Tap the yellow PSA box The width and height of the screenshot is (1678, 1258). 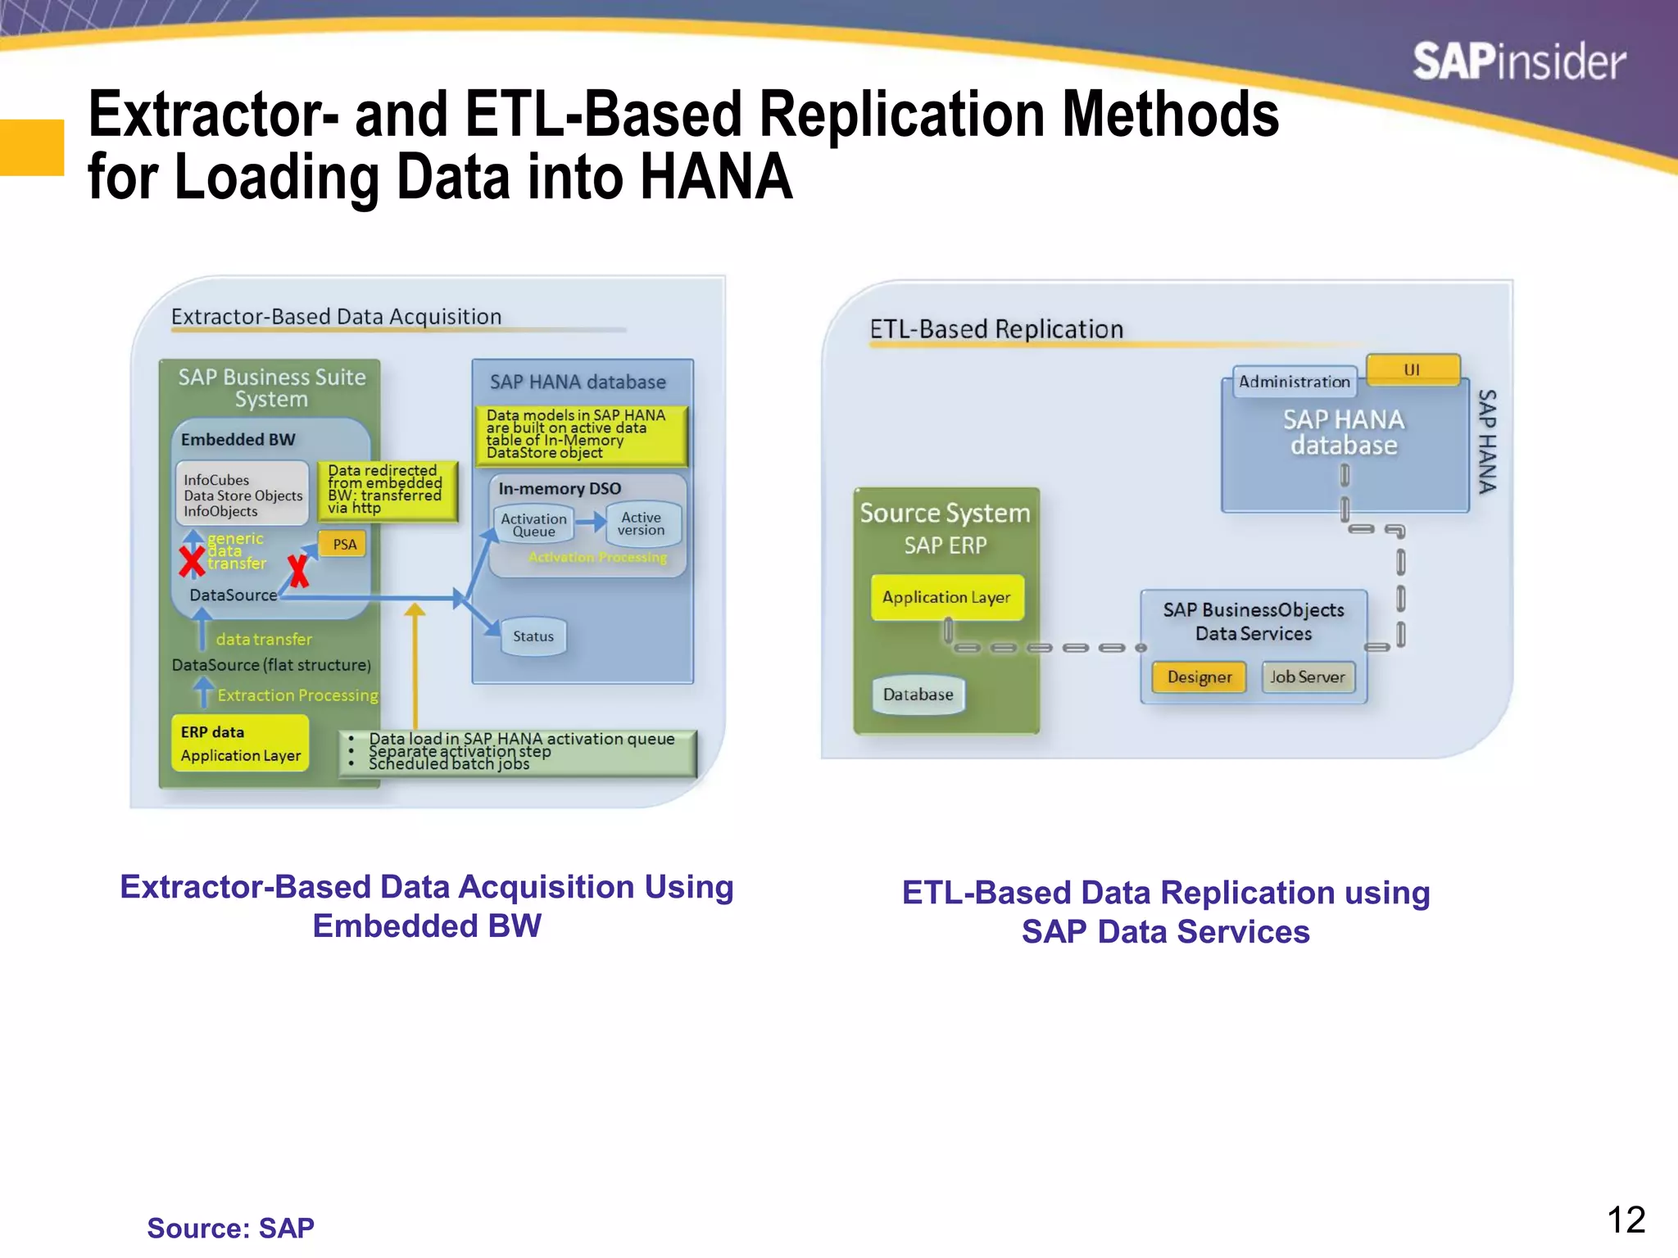coord(344,545)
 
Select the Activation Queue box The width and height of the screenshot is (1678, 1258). coord(533,525)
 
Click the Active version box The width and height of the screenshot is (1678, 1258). coord(641,524)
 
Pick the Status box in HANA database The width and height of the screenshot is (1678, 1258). coord(533,636)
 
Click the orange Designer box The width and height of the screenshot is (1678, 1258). coord(1199,677)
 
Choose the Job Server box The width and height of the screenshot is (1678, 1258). coord(1308,677)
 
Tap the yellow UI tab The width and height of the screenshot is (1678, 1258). coord(1412,370)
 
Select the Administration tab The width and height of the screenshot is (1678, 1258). coord(1294,382)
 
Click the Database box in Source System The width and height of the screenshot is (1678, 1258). coord(918,695)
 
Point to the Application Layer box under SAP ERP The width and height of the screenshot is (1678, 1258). coord(946,598)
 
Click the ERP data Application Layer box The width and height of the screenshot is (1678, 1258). coord(240,744)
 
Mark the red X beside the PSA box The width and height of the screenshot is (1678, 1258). coord(298,571)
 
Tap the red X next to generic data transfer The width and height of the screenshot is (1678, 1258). coord(192,562)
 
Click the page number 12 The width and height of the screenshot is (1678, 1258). coord(1626,1220)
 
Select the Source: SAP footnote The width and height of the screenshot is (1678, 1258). coord(230,1229)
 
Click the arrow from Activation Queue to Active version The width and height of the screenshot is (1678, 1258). coord(590,522)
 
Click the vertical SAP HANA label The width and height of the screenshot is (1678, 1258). coord(1486,441)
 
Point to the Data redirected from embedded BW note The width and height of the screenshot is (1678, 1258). coord(385,490)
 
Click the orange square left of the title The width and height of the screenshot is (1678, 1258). coord(31,147)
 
